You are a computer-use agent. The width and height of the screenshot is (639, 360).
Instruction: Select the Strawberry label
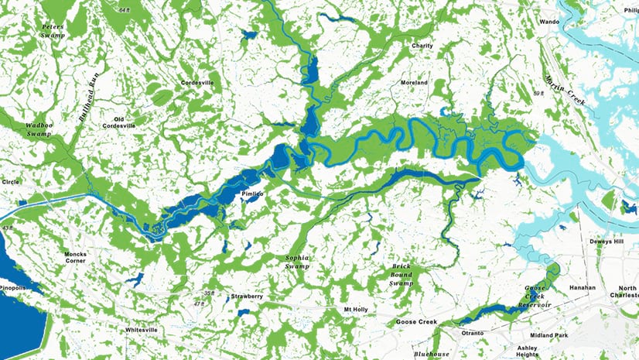(x=248, y=297)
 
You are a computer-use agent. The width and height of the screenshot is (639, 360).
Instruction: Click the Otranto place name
(x=472, y=333)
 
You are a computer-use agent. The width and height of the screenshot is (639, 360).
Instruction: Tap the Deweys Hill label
(x=607, y=242)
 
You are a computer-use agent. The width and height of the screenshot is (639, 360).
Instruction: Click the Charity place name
(x=422, y=46)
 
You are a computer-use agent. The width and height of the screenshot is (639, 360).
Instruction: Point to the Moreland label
(x=414, y=82)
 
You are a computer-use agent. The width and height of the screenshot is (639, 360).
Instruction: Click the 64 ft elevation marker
(x=125, y=10)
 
